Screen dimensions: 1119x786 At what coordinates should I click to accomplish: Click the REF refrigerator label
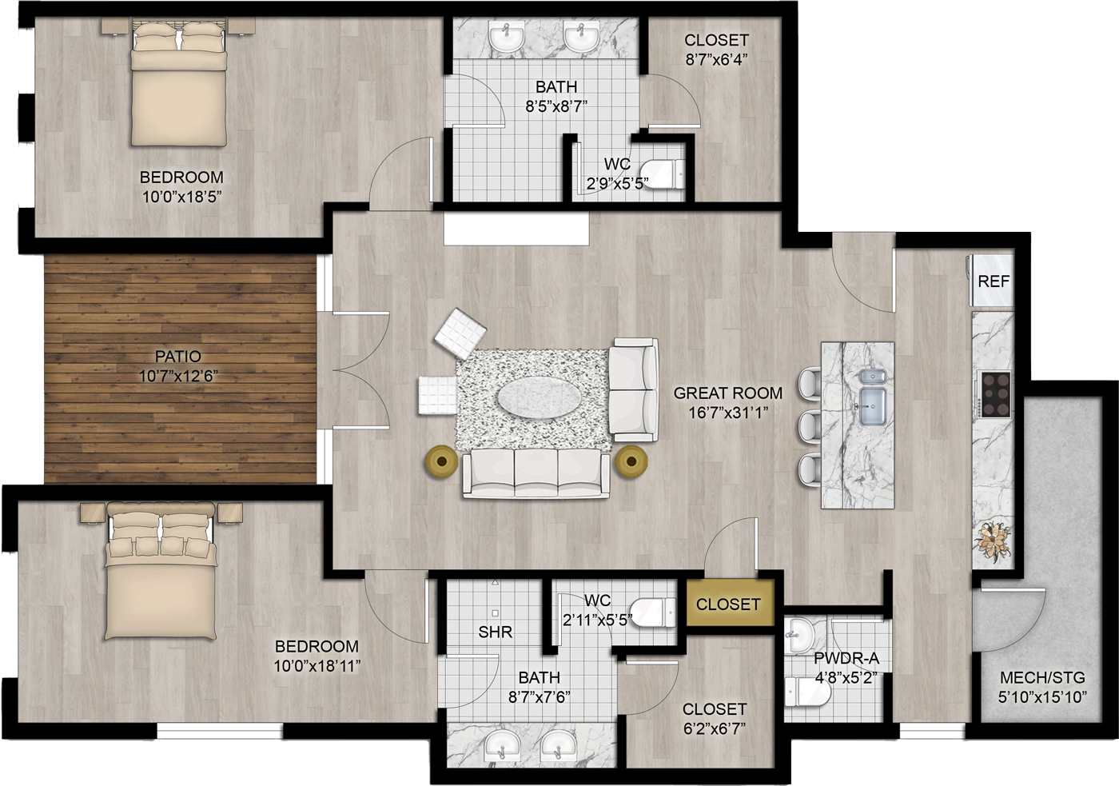pos(993,281)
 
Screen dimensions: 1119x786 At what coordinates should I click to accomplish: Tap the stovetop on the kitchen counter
pos(996,394)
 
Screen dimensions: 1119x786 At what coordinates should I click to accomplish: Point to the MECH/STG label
pos(1042,677)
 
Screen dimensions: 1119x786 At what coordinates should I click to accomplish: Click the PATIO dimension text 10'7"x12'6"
pos(178,376)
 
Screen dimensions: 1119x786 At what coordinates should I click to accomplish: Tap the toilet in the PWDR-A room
pos(807,692)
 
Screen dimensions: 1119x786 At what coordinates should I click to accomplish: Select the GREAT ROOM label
pos(728,393)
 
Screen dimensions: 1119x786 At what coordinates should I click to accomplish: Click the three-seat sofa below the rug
pos(536,473)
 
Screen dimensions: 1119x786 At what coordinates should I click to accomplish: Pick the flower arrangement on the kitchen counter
pos(993,541)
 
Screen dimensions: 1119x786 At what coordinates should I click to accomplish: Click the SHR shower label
pos(495,632)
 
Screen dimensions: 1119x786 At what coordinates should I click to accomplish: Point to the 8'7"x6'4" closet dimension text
pos(716,60)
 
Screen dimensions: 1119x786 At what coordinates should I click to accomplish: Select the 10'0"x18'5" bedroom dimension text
pos(182,197)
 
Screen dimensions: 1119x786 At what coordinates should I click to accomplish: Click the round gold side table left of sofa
pos(441,461)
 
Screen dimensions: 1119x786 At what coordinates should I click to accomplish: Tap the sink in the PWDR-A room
pos(798,636)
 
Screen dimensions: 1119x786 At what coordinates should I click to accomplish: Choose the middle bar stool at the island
pos(809,426)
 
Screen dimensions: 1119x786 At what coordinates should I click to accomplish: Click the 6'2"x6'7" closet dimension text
pos(715,728)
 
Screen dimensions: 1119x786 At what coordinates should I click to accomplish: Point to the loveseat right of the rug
pos(633,389)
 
